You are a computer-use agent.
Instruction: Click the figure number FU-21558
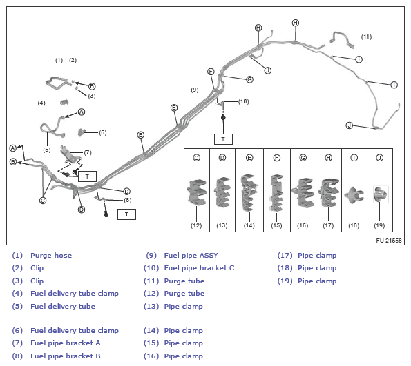click(x=389, y=241)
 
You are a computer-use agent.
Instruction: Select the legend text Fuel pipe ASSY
click(x=191, y=255)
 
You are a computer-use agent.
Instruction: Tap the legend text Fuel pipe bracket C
click(x=199, y=268)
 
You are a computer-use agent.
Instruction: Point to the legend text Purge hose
click(x=51, y=255)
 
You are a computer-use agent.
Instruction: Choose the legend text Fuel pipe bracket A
click(x=66, y=343)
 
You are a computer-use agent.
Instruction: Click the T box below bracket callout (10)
click(x=223, y=139)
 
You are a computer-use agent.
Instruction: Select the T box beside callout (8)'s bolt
click(x=126, y=214)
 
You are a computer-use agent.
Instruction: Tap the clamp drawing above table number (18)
click(x=354, y=195)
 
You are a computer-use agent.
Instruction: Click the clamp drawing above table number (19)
click(x=381, y=194)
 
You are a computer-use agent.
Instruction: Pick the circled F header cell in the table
click(x=277, y=158)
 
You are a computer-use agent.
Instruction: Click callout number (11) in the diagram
click(x=366, y=37)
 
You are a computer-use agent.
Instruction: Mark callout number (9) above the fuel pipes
click(x=195, y=90)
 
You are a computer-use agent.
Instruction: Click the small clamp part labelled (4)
click(x=64, y=102)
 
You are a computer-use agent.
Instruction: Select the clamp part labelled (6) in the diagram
click(x=82, y=132)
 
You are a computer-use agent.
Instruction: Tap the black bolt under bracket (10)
click(x=223, y=117)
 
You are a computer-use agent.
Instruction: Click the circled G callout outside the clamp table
click(x=250, y=79)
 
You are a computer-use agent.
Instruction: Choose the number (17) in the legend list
click(x=285, y=255)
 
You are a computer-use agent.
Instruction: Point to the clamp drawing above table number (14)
click(x=249, y=192)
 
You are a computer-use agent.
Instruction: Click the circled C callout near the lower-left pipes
click(x=43, y=201)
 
